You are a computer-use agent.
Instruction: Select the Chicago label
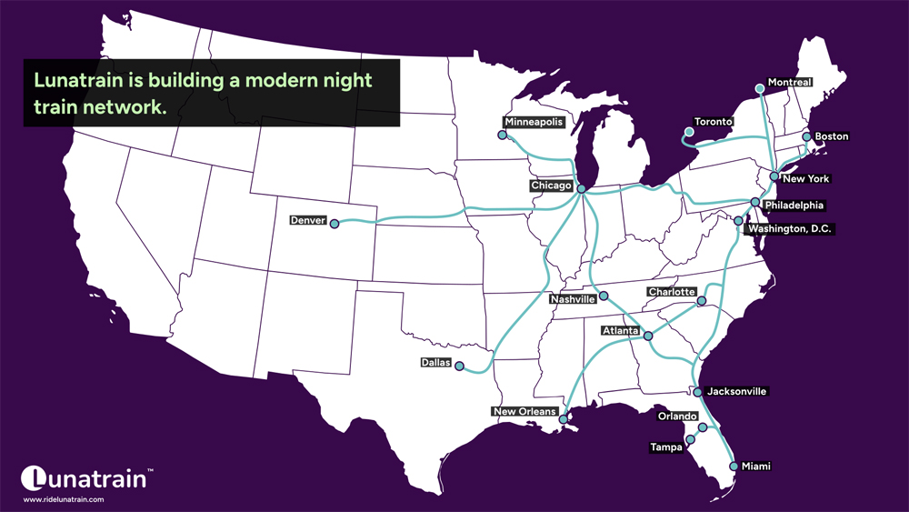pos(552,186)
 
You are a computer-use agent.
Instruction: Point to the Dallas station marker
pos(459,366)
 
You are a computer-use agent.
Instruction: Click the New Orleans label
pos(524,412)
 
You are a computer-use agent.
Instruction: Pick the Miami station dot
pos(734,467)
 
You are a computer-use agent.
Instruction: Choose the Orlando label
pos(677,417)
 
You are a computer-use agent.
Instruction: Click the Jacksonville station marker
pos(697,392)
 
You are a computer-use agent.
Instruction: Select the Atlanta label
pos(621,331)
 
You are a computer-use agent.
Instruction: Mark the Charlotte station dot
pos(701,301)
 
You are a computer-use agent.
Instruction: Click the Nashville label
pos(574,299)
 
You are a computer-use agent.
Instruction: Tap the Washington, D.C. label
pos(788,229)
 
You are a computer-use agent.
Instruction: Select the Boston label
pos(831,136)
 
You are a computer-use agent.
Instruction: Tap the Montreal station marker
pos(760,88)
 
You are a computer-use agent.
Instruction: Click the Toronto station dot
pos(688,133)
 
